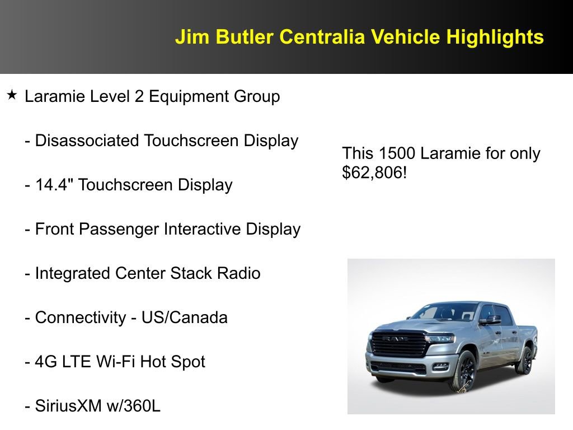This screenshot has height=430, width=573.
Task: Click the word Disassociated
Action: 87,141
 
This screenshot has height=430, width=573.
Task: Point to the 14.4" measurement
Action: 54,185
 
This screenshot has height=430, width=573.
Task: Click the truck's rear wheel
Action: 524,360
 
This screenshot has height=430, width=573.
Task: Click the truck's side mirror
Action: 491,320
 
